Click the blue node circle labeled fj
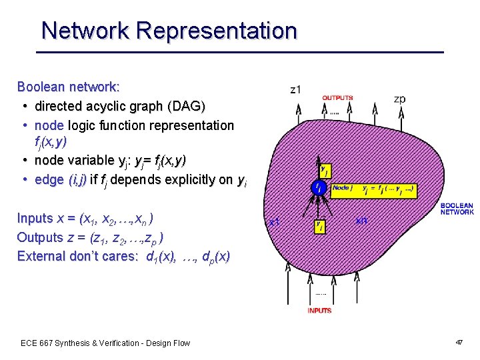321,188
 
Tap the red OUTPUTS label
337,98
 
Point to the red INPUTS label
319,311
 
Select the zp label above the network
399,99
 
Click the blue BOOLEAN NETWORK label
457,209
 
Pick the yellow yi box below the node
321,227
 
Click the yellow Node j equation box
373,190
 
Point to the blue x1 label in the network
273,222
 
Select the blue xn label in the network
361,220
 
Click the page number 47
459,342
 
